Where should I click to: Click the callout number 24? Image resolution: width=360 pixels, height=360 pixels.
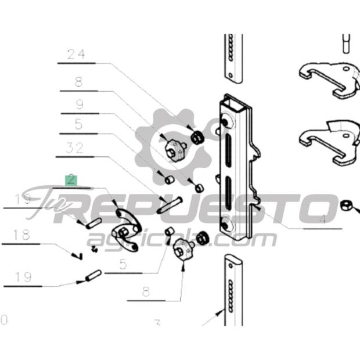(x=76, y=55)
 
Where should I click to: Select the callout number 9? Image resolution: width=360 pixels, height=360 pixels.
(x=79, y=105)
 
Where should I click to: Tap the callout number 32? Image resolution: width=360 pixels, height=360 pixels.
(x=74, y=148)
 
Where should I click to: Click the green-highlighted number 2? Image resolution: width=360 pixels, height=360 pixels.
(x=71, y=179)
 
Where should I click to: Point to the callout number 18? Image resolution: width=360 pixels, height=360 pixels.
(x=21, y=235)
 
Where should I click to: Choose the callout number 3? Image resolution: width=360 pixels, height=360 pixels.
(x=157, y=322)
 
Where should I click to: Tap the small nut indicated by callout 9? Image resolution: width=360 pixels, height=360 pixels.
(x=197, y=188)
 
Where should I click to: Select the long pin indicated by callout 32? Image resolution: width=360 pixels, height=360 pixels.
(x=169, y=205)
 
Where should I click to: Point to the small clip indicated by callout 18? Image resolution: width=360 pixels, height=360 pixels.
(x=77, y=254)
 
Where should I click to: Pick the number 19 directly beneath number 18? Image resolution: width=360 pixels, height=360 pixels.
(x=23, y=277)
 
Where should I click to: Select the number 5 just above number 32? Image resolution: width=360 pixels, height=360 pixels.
(x=78, y=124)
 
